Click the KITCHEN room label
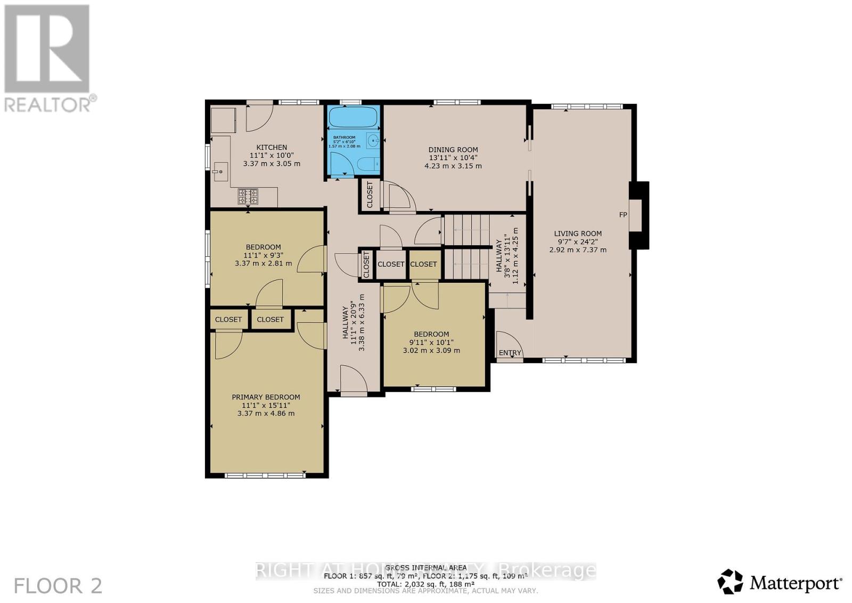272,147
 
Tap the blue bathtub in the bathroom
354,116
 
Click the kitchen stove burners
248,197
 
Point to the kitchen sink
219,171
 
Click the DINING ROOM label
453,150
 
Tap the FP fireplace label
622,215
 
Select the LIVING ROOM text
578,233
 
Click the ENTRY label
510,353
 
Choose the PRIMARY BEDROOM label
266,397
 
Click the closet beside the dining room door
370,195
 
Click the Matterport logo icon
730,582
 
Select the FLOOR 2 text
58,586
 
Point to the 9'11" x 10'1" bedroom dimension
431,343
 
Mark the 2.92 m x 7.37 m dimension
578,250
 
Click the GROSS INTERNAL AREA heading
426,568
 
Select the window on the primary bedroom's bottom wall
264,475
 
